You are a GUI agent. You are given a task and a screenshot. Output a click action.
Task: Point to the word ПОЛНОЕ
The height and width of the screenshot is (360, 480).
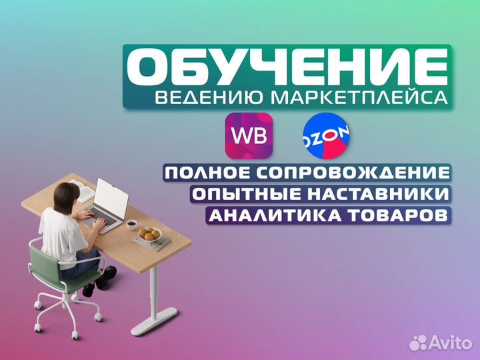(x=201, y=173)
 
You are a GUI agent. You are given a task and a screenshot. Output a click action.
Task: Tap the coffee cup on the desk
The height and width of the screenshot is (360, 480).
(x=132, y=224)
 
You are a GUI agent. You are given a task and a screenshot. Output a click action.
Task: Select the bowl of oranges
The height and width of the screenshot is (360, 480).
(x=148, y=235)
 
